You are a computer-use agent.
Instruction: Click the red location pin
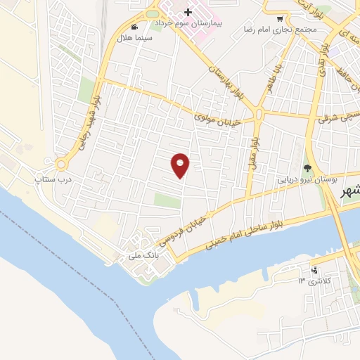(x=181, y=165)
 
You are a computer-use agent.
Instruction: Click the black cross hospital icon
(x=188, y=12)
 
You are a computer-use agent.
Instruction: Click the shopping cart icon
(x=281, y=19)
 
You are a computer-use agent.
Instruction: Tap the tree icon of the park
(x=307, y=167)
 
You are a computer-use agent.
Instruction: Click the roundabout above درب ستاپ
(x=62, y=165)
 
